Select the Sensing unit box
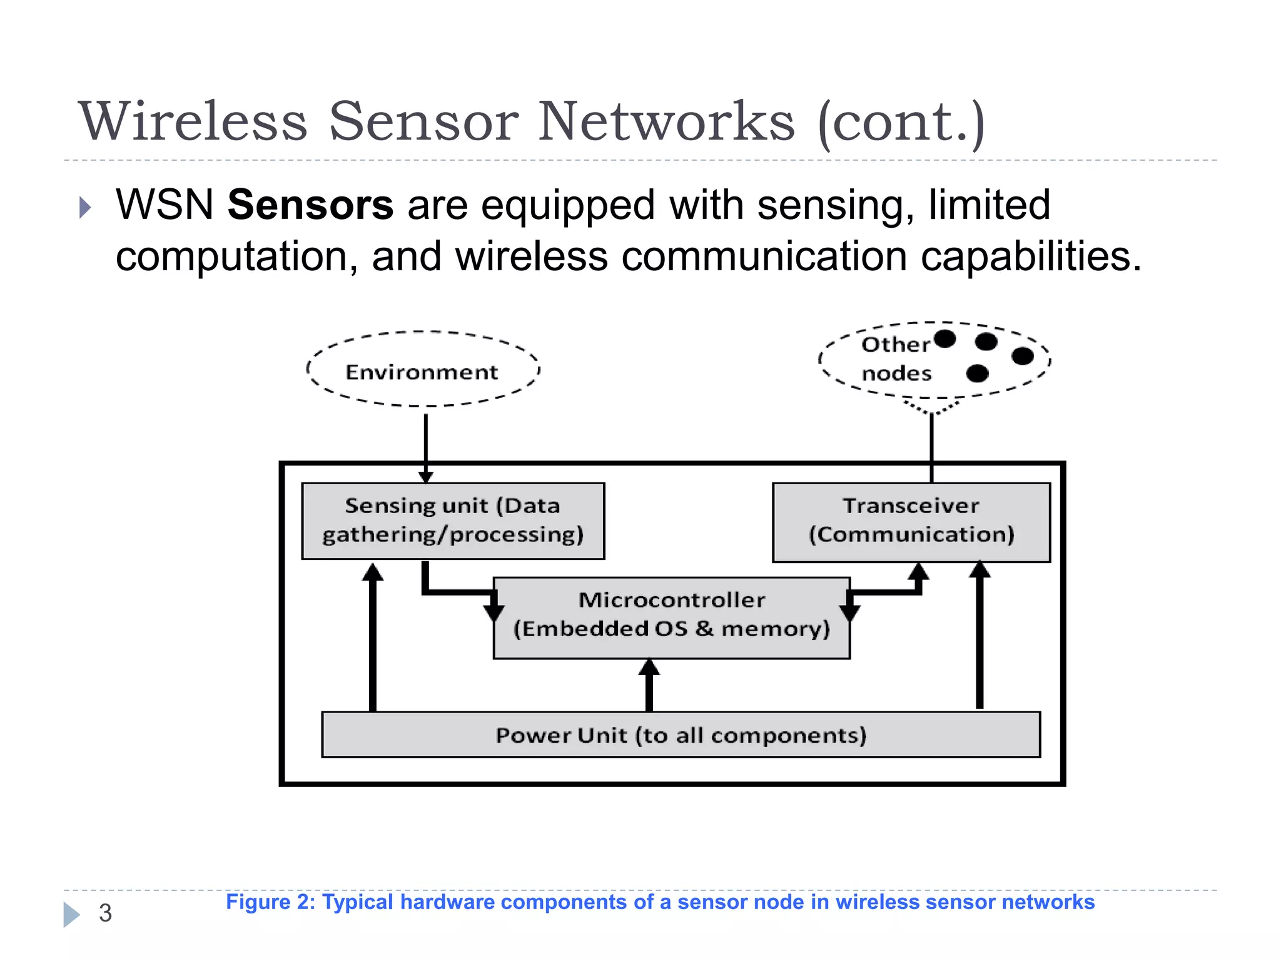(453, 521)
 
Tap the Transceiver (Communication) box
(911, 522)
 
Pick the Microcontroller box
(671, 616)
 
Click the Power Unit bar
(681, 735)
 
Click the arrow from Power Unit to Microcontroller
(649, 685)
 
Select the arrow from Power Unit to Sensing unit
(373, 638)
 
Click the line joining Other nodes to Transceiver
(931, 447)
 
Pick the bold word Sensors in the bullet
(310, 205)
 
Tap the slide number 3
(105, 913)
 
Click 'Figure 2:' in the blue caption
(271, 902)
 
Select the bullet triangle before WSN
(85, 207)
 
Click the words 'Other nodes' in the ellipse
(896, 358)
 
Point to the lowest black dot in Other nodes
(977, 374)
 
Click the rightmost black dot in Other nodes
(1022, 356)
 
